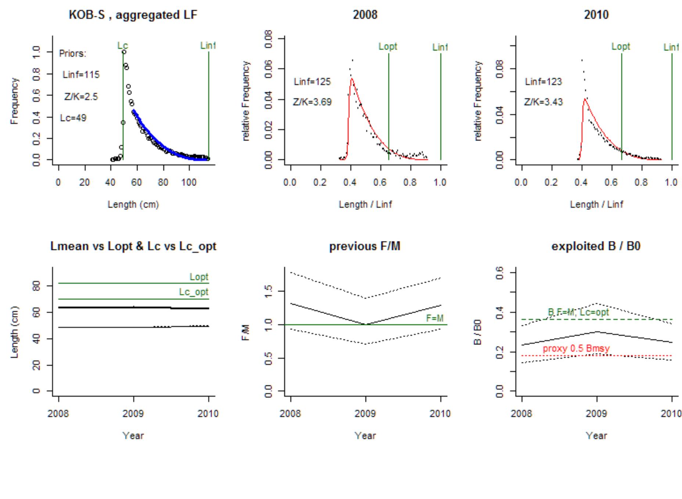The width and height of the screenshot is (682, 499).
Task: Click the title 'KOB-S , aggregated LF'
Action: pos(133,15)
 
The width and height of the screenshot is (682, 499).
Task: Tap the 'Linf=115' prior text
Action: pos(81,75)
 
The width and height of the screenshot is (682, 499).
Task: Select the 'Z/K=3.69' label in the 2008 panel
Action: pos(312,102)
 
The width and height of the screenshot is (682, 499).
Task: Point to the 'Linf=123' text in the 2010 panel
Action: pos(543,82)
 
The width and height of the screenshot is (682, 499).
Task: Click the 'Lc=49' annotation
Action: pos(73,118)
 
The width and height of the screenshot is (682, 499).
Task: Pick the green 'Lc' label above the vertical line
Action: pos(123,46)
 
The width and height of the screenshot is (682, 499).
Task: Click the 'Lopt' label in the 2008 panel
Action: pos(388,47)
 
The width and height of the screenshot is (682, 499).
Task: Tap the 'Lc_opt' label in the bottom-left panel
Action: pos(194,292)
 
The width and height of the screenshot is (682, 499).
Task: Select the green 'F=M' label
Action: pos(434,318)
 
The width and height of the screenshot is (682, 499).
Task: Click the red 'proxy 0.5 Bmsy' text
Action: pos(576,348)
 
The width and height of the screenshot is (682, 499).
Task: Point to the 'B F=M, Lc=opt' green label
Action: pos(578,312)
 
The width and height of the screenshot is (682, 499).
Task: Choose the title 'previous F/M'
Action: pos(365,246)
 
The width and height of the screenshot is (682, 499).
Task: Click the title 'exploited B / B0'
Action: pos(596,246)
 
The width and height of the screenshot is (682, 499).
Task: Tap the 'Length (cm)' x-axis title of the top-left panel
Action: pos(133,204)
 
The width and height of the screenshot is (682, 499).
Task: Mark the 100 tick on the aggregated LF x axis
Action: pos(189,183)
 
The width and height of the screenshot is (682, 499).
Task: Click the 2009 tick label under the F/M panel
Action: pos(365,414)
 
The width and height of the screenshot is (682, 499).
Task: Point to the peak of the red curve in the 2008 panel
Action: pos(352,78)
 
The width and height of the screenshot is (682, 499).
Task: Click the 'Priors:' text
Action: pos(72,54)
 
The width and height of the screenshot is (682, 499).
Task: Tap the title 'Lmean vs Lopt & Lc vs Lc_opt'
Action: pos(133,246)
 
